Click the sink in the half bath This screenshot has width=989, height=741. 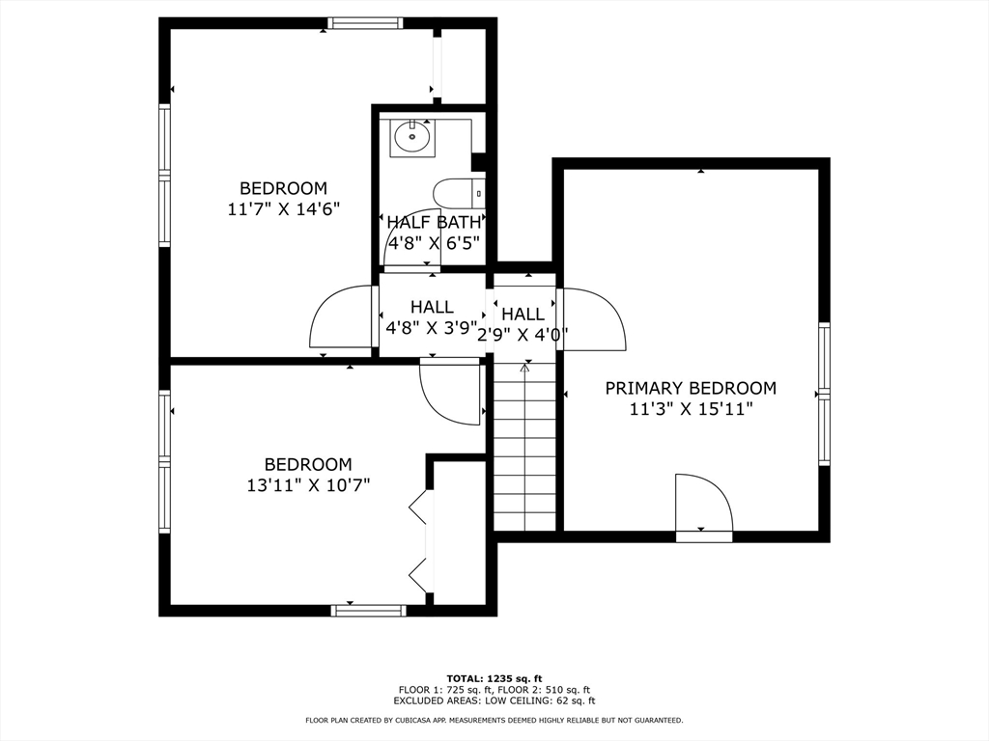pyautogui.click(x=412, y=138)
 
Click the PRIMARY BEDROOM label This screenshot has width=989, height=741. pyautogui.click(x=690, y=388)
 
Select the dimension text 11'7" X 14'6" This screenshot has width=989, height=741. pyautogui.click(x=284, y=208)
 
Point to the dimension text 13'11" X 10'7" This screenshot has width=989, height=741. pyautogui.click(x=308, y=485)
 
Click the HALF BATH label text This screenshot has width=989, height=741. pyautogui.click(x=433, y=222)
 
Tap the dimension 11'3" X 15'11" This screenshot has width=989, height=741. pyautogui.click(x=690, y=409)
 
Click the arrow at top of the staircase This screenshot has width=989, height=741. pyautogui.click(x=525, y=368)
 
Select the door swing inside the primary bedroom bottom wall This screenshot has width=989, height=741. pyautogui.click(x=702, y=504)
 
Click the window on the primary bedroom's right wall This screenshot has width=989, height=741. pyautogui.click(x=824, y=393)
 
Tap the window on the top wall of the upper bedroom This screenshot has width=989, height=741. pyautogui.click(x=365, y=23)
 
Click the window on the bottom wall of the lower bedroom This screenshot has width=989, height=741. pyautogui.click(x=368, y=610)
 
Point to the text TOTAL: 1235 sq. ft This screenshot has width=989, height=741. pyautogui.click(x=494, y=677)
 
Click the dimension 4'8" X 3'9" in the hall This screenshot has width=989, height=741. pyautogui.click(x=432, y=328)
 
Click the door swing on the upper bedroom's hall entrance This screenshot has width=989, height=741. pyautogui.click(x=341, y=318)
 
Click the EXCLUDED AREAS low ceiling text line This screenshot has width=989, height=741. pyautogui.click(x=494, y=701)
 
